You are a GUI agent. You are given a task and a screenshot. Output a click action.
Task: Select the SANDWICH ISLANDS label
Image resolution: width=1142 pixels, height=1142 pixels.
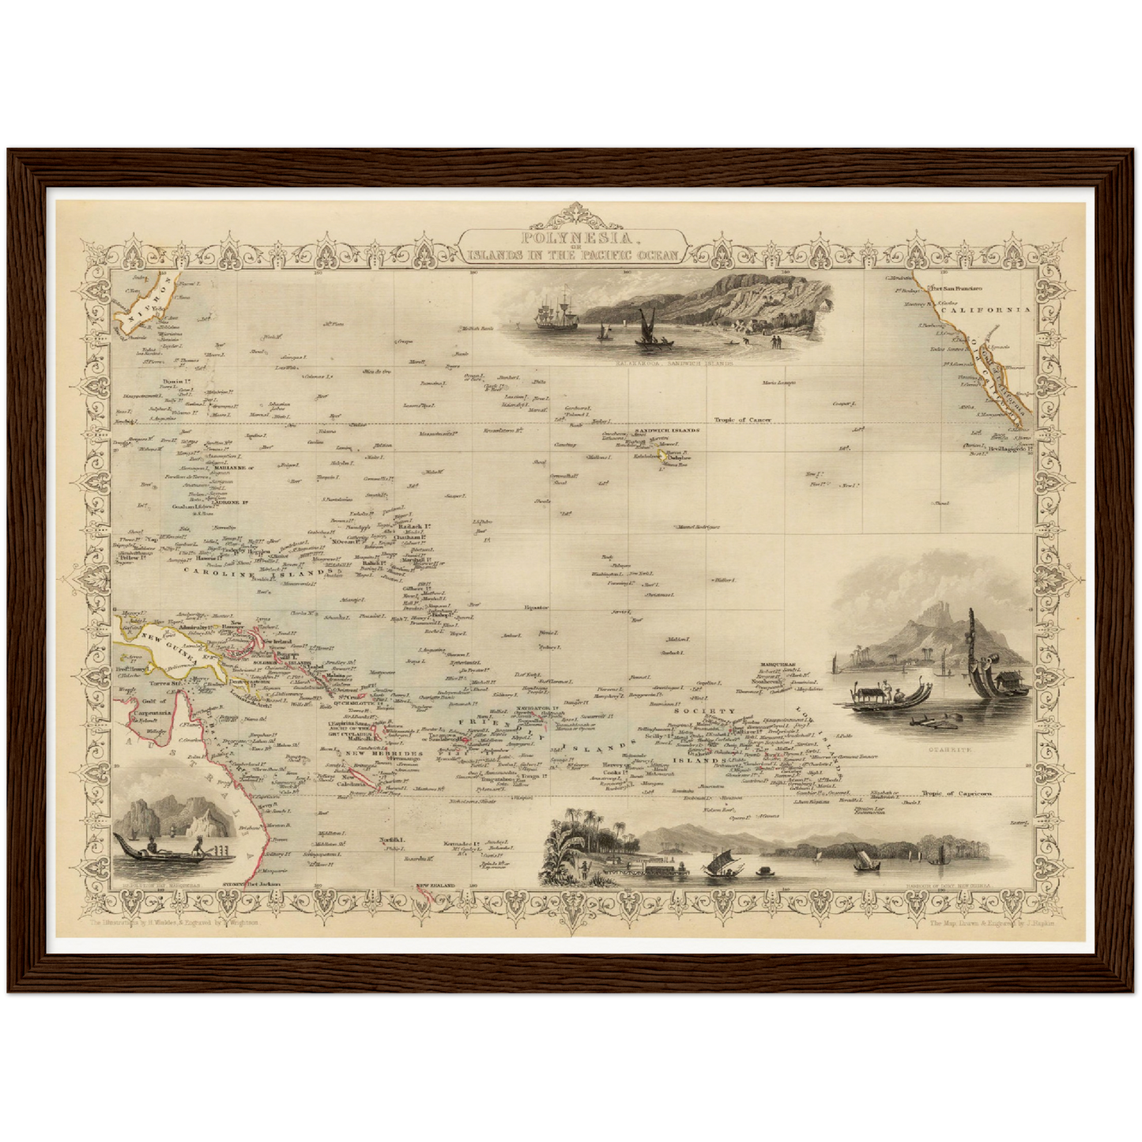click(x=668, y=431)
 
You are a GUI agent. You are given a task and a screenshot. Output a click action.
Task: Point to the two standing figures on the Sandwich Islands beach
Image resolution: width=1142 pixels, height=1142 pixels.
click(x=775, y=341)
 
